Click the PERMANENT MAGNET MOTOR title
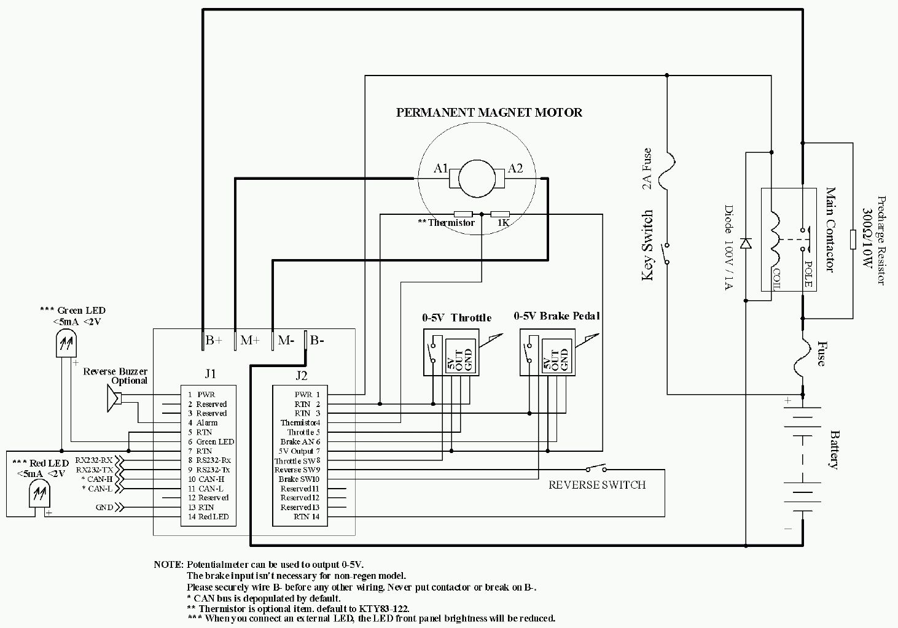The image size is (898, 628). tap(489, 112)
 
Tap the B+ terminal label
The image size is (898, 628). tap(213, 340)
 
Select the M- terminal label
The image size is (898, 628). tap(286, 340)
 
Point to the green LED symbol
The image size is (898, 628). tap(66, 343)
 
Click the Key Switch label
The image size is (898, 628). tap(647, 246)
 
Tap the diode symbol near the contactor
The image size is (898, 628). tap(746, 242)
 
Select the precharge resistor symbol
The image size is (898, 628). tap(853, 239)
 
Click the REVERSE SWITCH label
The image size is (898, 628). tap(597, 485)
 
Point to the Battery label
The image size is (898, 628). tap(834, 449)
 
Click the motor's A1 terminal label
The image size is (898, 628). tap(440, 168)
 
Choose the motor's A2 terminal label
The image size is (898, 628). tap(515, 168)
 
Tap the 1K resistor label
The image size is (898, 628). tap(503, 223)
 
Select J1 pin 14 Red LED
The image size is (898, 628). tap(208, 517)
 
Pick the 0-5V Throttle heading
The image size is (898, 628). tap(456, 317)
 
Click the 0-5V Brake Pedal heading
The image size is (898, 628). tap(556, 316)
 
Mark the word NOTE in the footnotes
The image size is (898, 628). tap(168, 564)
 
